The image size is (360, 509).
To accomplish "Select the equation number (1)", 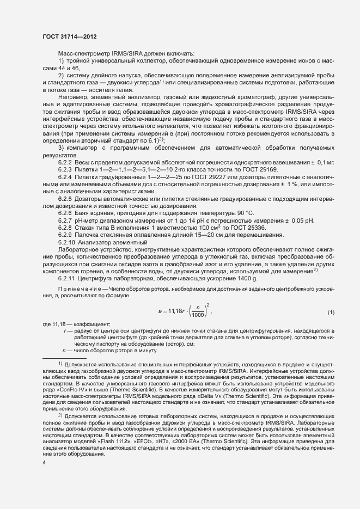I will [x=330, y=311].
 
